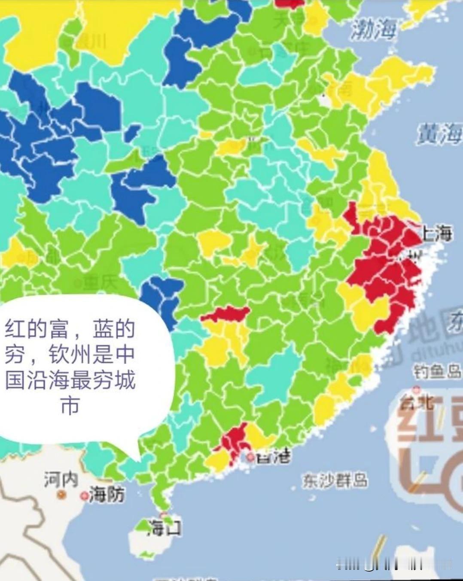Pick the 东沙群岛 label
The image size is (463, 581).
(335, 481)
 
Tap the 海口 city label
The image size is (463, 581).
(164, 527)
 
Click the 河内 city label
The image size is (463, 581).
(61, 479)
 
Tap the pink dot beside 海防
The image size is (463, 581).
(84, 496)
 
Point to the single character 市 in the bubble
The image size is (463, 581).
(70, 405)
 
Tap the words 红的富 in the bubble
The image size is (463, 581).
(37, 330)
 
